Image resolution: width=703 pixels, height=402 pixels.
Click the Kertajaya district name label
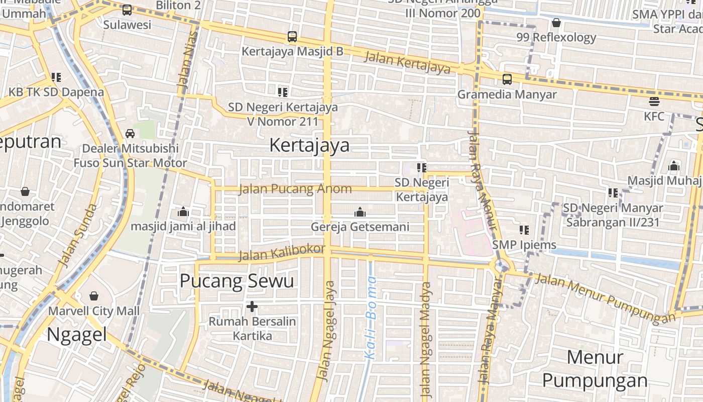click(x=309, y=145)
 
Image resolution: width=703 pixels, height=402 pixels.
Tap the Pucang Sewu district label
click(x=237, y=281)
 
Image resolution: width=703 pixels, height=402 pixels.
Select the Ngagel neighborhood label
click(x=77, y=334)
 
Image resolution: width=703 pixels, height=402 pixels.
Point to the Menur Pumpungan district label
click(x=595, y=369)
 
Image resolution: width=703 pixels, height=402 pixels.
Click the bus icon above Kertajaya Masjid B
click(x=292, y=37)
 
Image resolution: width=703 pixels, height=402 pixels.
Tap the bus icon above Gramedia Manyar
click(x=507, y=79)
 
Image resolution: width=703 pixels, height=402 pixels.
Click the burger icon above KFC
click(x=654, y=102)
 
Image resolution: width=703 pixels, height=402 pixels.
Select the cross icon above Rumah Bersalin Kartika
click(x=252, y=306)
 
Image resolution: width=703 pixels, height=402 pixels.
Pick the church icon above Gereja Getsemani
click(x=360, y=212)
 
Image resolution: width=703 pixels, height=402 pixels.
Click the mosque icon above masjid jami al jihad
click(x=183, y=212)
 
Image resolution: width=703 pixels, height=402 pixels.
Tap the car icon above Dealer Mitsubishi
click(x=130, y=134)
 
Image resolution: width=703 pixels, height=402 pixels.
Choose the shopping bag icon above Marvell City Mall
click(x=94, y=296)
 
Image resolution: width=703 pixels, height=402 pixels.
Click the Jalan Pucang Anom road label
click(x=295, y=189)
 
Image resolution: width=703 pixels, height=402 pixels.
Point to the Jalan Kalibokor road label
click(x=281, y=253)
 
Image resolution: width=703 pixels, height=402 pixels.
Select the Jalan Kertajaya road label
click(x=407, y=62)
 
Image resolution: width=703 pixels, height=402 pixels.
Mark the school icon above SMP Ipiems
click(x=524, y=230)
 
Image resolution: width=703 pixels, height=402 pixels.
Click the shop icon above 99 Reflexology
click(x=556, y=23)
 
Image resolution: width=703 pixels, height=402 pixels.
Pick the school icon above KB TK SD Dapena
click(x=56, y=77)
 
